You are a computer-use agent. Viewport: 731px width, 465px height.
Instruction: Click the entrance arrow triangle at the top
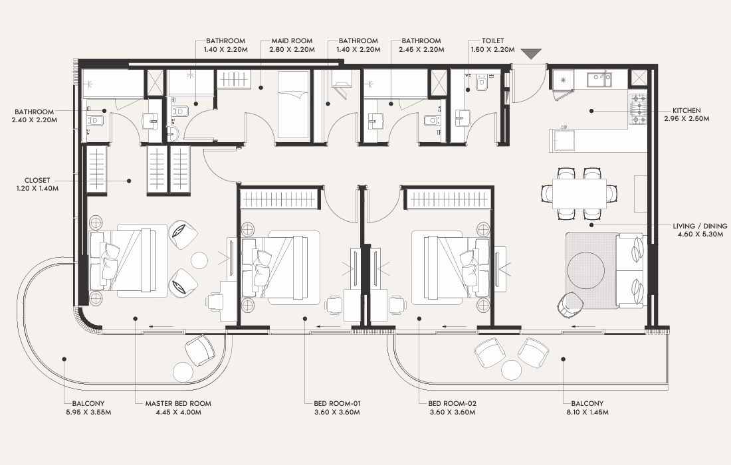pyautogui.click(x=531, y=54)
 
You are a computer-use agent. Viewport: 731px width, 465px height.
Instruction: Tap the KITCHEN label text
pyautogui.click(x=686, y=110)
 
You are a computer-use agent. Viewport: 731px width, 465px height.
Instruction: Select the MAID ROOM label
pyautogui.click(x=292, y=41)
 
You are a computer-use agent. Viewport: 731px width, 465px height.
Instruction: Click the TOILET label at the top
pyautogui.click(x=493, y=41)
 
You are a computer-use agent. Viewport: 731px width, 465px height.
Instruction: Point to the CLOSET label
pyautogui.click(x=37, y=180)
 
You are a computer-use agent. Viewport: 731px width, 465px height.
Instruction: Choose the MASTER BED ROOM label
pyautogui.click(x=178, y=403)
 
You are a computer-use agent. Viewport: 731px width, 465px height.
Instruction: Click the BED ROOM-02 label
pyautogui.click(x=452, y=403)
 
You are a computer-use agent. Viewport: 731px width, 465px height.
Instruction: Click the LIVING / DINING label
pyautogui.click(x=700, y=226)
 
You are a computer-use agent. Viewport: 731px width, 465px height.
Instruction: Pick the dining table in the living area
pyautogui.click(x=580, y=193)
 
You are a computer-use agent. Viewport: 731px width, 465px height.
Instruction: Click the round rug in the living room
pyautogui.click(x=586, y=271)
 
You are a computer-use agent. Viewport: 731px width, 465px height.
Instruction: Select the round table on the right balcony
pyautogui.click(x=512, y=370)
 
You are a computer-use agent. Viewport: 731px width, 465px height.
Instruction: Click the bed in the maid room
pyautogui.click(x=293, y=105)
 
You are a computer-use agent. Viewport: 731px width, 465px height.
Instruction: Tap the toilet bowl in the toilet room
pyautogui.click(x=481, y=84)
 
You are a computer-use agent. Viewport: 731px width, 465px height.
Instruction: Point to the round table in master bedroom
pyautogui.click(x=199, y=260)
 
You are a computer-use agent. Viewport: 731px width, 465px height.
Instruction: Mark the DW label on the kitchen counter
pyautogui.click(x=564, y=127)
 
